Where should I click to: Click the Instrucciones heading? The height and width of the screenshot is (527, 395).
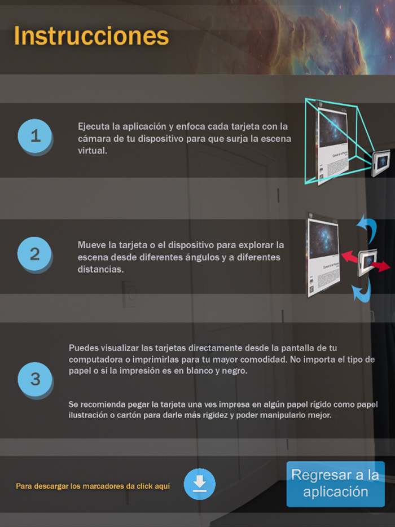[x=91, y=36]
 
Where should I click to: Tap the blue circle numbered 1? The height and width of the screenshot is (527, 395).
[x=35, y=136]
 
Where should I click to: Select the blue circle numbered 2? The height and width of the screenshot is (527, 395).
[x=35, y=254]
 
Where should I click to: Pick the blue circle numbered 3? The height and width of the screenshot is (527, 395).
[x=35, y=380]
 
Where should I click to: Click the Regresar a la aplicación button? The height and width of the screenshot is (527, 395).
[x=336, y=484]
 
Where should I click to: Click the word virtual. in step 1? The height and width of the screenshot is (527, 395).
[x=93, y=151]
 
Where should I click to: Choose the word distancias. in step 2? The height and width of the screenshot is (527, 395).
[x=100, y=269]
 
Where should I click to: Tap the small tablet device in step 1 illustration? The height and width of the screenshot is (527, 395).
[x=381, y=163]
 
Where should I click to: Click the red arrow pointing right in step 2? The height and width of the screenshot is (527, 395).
[x=380, y=266]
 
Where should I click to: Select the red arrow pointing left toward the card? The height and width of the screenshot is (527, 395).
[x=350, y=257]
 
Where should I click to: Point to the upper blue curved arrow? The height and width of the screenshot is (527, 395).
[x=368, y=228]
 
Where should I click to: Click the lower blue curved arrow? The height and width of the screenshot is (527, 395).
[x=362, y=289]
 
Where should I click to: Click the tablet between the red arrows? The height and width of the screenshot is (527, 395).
[x=367, y=262]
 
